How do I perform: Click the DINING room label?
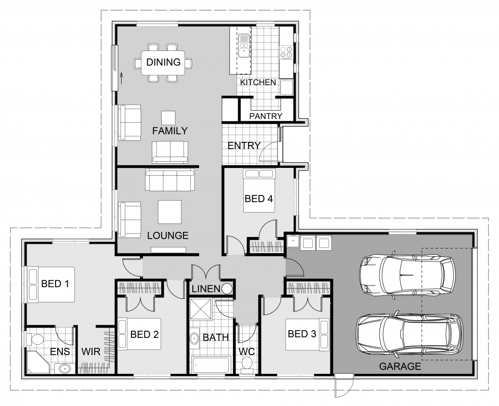pos(163,62)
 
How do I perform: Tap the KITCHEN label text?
pos(258,83)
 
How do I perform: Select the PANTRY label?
pos(266,116)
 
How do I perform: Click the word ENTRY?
pos(244,146)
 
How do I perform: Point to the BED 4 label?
pos(259,198)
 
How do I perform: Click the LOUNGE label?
pos(167,235)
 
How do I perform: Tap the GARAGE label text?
pos(400,366)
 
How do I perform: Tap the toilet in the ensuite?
pos(36,340)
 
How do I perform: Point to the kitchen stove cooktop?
pos(286,51)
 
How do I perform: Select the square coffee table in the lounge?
pos(170,212)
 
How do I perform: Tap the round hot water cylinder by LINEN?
pos(227,289)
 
